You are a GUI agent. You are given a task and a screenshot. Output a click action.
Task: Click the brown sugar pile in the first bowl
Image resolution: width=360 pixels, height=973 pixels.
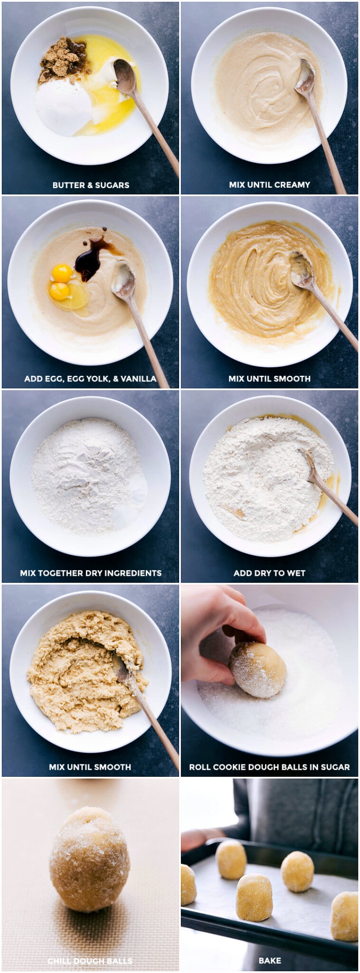62,60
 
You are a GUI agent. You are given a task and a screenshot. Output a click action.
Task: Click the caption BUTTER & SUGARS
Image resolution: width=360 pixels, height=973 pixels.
91,185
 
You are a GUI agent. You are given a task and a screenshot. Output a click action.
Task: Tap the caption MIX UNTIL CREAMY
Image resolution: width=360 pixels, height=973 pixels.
269,184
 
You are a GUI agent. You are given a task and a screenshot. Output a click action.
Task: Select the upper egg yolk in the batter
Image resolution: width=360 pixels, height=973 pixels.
62,273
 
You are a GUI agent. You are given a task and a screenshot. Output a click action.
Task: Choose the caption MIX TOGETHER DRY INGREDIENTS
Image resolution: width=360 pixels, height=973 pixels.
91,573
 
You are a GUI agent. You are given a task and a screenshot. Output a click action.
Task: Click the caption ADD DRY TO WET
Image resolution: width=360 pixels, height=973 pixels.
269,573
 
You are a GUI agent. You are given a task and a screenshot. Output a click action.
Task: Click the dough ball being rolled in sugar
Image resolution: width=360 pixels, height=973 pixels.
257,669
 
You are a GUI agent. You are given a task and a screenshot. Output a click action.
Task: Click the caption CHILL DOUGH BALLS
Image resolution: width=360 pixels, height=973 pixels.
90,961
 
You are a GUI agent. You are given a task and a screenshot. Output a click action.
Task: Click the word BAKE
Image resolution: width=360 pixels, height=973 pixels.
269,961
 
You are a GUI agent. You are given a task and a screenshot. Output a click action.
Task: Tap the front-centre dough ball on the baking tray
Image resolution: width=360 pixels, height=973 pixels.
254,897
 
